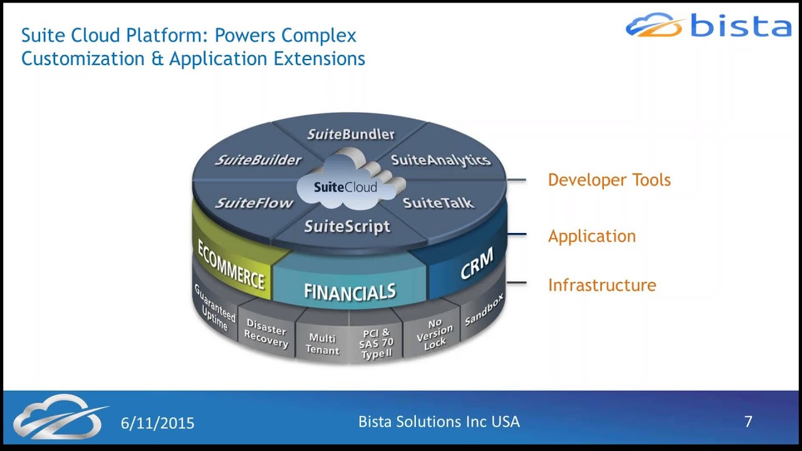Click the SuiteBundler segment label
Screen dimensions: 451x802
[351, 134]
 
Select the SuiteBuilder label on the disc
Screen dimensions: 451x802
[258, 160]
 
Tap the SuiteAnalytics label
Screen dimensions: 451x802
[440, 160]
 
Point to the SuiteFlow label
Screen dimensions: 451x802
[254, 203]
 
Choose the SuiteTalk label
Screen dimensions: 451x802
[438, 203]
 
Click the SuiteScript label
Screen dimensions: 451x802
[347, 226]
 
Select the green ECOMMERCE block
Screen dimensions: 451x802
[232, 264]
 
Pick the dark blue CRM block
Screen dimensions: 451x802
[476, 264]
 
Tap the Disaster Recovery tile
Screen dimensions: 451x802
[266, 333]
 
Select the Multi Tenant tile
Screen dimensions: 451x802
[322, 344]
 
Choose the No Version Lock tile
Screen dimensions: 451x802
[434, 333]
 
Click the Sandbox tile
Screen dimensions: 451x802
[484, 310]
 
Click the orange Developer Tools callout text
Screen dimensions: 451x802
[609, 180]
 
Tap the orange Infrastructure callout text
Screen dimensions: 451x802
[601, 285]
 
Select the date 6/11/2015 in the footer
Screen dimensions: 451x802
[157, 423]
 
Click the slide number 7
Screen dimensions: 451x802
[748, 422]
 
